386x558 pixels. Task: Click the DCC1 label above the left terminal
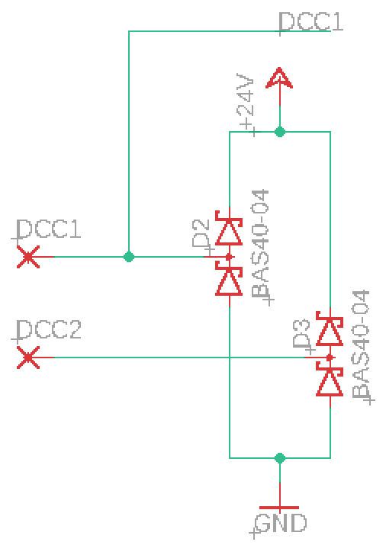click(48, 229)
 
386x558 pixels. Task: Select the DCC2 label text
click(48, 330)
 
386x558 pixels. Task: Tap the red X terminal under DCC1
click(28, 258)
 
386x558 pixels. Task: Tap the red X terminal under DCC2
click(28, 358)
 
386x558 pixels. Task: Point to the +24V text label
click(246, 104)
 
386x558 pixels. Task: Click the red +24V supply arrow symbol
click(280, 79)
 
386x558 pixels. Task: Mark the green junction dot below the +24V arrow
click(280, 132)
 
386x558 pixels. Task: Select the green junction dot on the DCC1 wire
click(129, 257)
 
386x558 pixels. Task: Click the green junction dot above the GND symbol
click(280, 458)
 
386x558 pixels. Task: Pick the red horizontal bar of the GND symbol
click(280, 508)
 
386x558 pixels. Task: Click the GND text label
click(280, 524)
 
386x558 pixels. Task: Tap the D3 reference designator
click(301, 335)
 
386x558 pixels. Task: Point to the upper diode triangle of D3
click(330, 332)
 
